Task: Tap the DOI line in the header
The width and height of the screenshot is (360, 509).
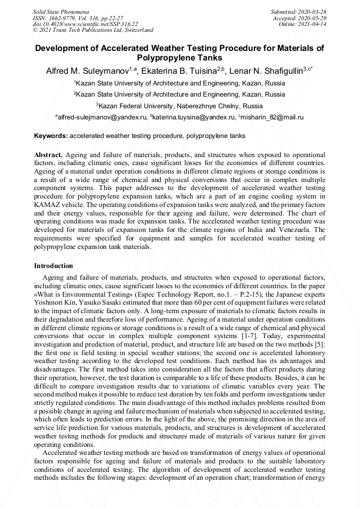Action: pyautogui.click(x=85, y=24)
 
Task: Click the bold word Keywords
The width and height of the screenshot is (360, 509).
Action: pyautogui.click(x=51, y=136)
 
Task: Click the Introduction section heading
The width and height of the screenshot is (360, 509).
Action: pyautogui.click(x=54, y=265)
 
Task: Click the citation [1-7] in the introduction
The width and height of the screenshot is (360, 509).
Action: pyautogui.click(x=248, y=336)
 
